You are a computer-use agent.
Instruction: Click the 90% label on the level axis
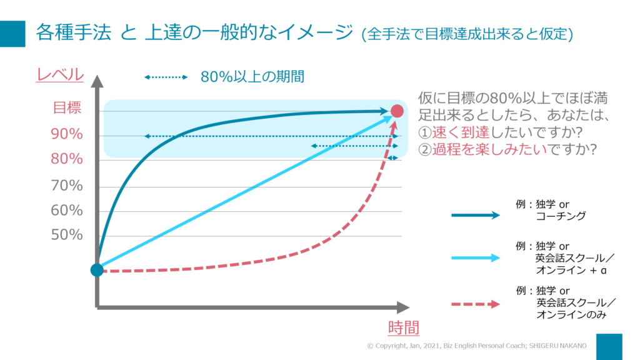coord(67,134)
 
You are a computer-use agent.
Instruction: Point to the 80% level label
coord(67,159)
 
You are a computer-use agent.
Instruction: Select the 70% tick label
coord(67,186)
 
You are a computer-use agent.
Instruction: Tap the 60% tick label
coord(67,211)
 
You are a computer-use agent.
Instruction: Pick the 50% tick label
coord(67,235)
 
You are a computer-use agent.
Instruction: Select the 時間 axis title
coord(403,327)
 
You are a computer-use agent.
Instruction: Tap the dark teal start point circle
coord(96,269)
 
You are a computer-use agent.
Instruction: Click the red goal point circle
coord(397,111)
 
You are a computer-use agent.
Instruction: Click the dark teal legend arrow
coord(476,215)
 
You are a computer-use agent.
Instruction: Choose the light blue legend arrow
coord(476,257)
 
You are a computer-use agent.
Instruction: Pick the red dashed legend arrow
coord(476,304)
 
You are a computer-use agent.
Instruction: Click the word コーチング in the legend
coord(561,216)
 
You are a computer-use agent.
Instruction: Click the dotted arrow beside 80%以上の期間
coord(166,77)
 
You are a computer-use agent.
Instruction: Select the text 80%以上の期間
coord(252,77)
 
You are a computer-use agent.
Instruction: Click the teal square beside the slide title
coord(12,34)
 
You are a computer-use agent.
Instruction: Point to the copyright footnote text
coord(476,346)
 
